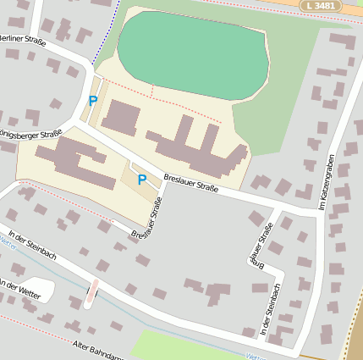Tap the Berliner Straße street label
pos(21,39)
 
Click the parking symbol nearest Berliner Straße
pos(92,101)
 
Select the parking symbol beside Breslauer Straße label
pos(142,180)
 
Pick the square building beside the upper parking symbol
pos(124,115)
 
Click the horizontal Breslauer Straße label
pos(191,183)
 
